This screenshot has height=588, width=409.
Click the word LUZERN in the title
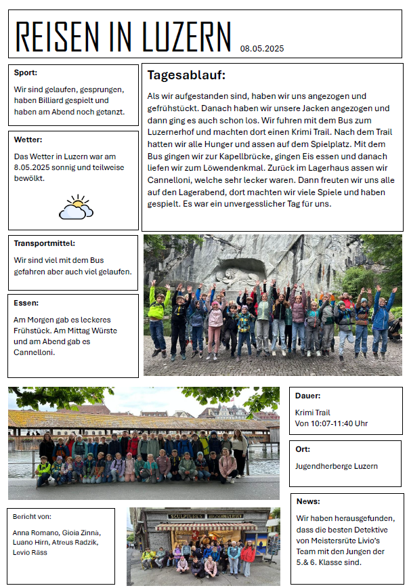[187, 37]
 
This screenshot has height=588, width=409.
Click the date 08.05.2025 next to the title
[261, 48]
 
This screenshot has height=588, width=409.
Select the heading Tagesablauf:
[186, 75]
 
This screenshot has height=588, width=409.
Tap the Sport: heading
[26, 72]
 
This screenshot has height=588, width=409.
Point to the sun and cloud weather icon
[76, 207]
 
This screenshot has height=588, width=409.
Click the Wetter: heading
[28, 140]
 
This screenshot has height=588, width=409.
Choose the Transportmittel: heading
[45, 243]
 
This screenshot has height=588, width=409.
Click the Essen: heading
[26, 303]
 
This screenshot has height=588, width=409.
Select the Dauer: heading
[308, 396]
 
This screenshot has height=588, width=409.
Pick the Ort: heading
[303, 449]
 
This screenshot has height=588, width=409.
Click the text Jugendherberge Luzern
[337, 466]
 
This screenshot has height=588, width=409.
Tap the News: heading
[308, 501]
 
